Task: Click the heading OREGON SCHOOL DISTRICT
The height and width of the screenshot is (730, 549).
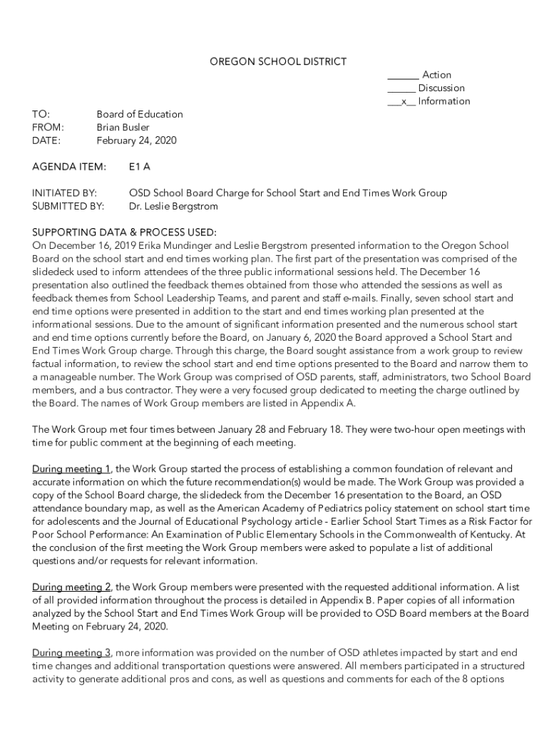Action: click(277, 62)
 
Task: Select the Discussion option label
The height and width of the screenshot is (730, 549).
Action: click(441, 88)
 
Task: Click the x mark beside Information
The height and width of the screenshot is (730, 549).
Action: click(404, 101)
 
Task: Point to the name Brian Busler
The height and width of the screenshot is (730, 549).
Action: click(123, 128)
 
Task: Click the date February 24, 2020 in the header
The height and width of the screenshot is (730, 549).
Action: click(136, 140)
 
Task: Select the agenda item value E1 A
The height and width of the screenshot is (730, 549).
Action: click(139, 167)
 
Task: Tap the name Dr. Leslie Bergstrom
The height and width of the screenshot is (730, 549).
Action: click(173, 206)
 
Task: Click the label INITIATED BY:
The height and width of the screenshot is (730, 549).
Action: click(65, 193)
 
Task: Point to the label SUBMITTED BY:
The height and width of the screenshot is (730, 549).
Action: click(68, 206)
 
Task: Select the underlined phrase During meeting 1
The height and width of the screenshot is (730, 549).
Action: click(71, 469)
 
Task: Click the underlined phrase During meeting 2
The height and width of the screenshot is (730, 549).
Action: click(71, 587)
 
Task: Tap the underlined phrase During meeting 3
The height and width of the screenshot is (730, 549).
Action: click(71, 653)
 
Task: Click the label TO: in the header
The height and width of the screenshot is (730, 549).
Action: click(41, 114)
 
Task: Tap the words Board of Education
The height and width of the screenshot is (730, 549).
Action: click(140, 114)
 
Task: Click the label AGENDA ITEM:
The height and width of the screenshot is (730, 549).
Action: click(69, 167)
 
